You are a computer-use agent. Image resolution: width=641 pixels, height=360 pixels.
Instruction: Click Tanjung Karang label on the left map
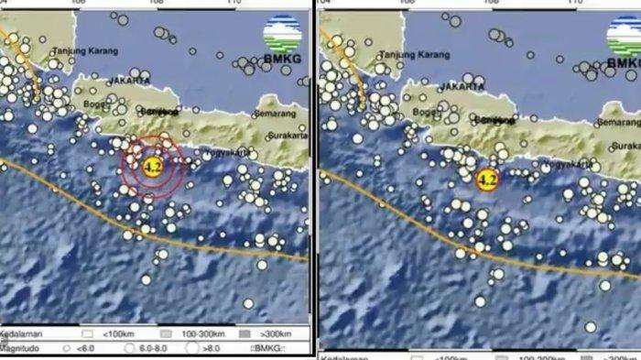[80, 51]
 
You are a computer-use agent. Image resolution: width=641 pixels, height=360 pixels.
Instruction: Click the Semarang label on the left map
[278, 114]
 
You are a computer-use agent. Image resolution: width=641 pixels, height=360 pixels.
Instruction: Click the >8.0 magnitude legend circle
[192, 347]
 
